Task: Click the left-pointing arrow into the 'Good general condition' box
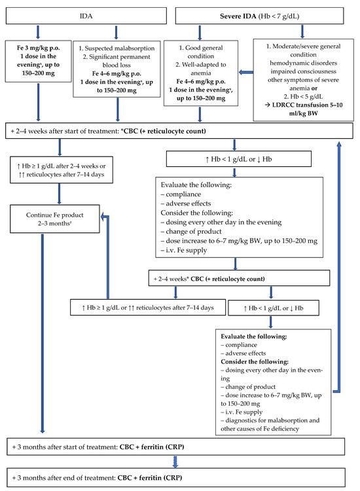[x=245, y=73]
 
